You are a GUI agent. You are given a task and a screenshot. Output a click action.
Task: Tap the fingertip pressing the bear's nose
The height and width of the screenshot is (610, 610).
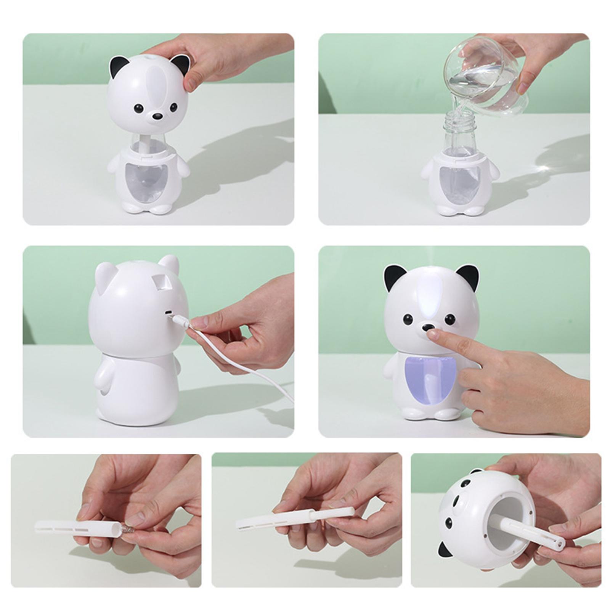pos(433,334)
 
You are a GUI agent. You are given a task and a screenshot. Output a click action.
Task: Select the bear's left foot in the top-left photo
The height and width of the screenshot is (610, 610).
pos(131,208)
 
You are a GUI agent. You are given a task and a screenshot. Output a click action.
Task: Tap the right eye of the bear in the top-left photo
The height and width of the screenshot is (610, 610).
pos(173,107)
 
